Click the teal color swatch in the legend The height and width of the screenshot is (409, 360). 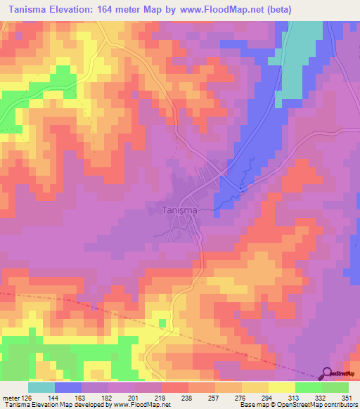coord(41,387)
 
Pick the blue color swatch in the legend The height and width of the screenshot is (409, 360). coord(68,387)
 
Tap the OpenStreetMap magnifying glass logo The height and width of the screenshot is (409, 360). coord(328,373)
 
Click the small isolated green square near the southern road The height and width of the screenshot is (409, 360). coord(162,323)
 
